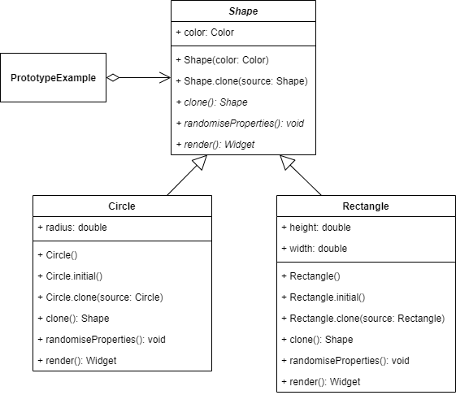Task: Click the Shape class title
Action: coord(243,11)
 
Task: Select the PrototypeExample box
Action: coord(54,78)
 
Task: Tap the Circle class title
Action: coord(122,206)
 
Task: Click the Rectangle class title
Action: coord(366,206)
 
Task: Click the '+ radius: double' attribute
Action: coord(72,228)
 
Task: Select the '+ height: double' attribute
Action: coord(315,228)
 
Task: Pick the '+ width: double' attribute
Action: coord(313,249)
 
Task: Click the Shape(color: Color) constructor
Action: coord(222,59)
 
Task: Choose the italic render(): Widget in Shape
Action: coord(215,144)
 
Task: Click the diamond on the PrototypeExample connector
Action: coord(115,78)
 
